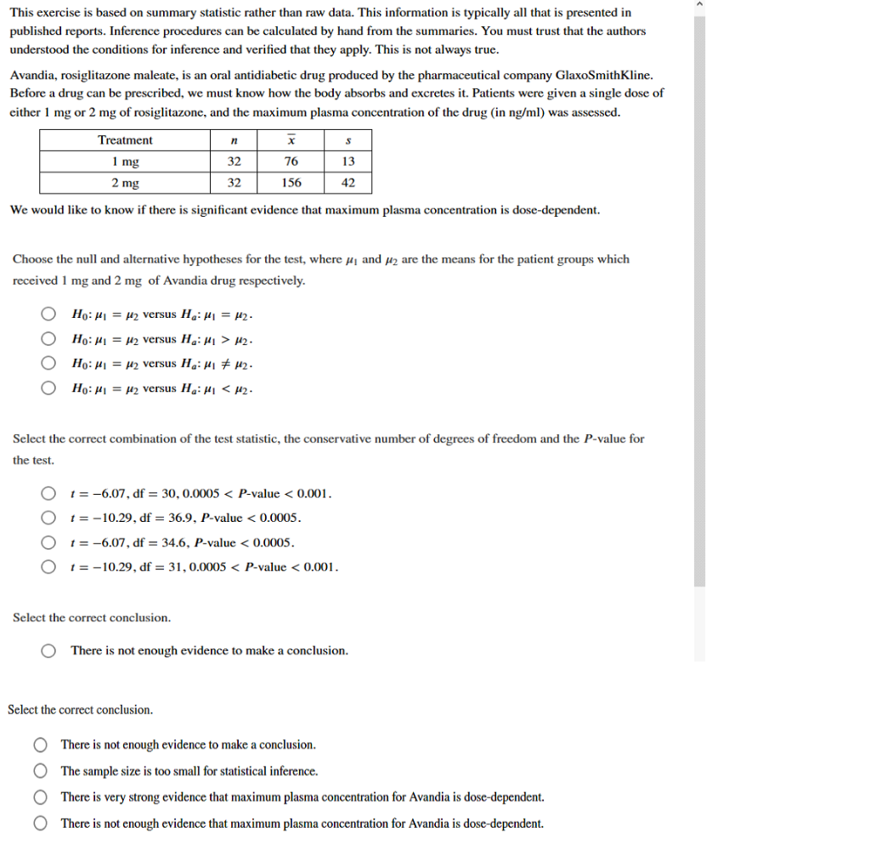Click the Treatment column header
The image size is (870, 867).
(x=125, y=140)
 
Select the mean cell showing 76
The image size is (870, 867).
(x=291, y=161)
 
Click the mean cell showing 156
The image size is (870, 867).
(x=291, y=183)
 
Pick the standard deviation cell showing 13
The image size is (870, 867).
(x=347, y=161)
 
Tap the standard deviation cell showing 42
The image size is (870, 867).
(x=347, y=183)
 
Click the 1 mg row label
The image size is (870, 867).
(x=125, y=161)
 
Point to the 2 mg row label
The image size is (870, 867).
(x=125, y=183)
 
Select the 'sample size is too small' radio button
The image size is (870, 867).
(x=41, y=772)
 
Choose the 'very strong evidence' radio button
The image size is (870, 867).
(x=41, y=797)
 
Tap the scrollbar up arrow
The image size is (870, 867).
(x=699, y=5)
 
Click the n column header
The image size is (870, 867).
(x=234, y=140)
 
